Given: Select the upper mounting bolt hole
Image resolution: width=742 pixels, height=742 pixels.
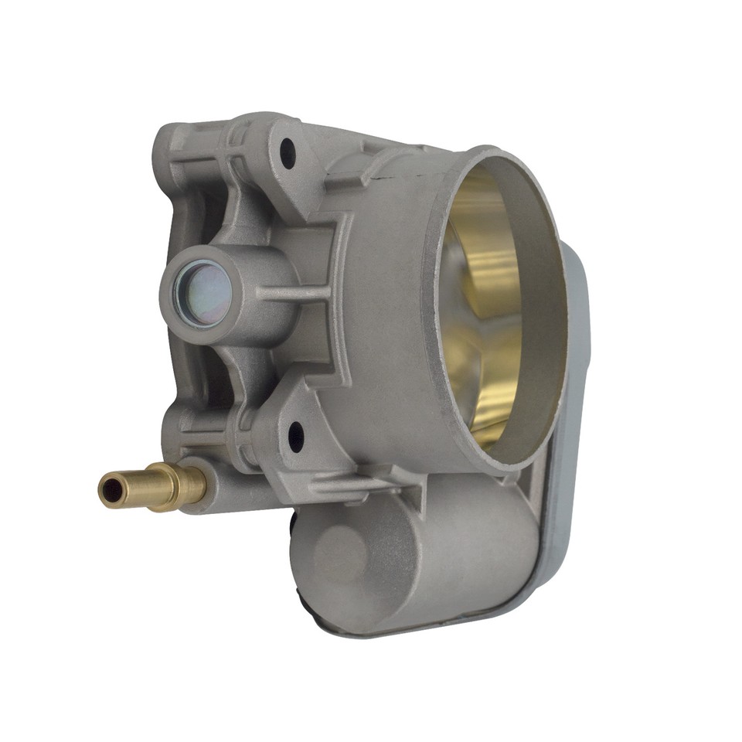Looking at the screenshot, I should tap(288, 153).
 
